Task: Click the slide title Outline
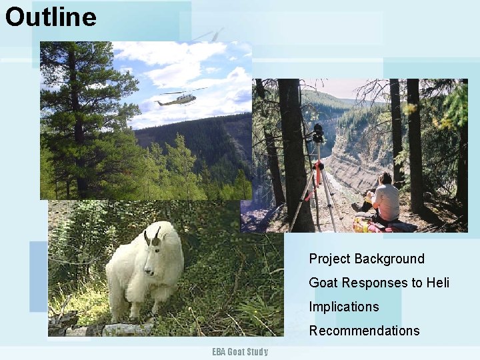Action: (x=51, y=17)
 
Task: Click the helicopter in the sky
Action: (x=177, y=100)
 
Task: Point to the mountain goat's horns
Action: (x=152, y=235)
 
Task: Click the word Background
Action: (x=389, y=259)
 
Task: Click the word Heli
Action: (x=438, y=283)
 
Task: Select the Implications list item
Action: (x=343, y=307)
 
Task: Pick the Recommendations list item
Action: (x=364, y=331)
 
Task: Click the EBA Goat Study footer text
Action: (x=240, y=352)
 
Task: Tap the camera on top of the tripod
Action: (x=318, y=132)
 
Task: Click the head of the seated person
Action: (x=385, y=179)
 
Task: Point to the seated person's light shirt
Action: (x=386, y=202)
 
